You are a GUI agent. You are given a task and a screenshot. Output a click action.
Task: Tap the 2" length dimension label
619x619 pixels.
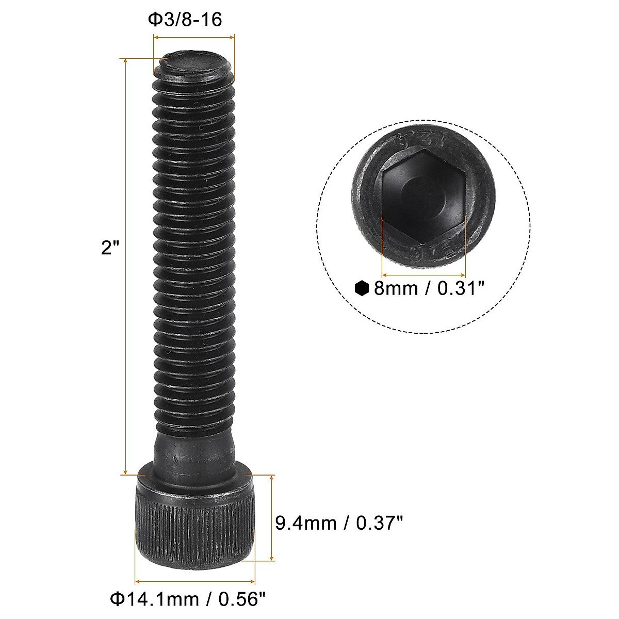[x=110, y=248]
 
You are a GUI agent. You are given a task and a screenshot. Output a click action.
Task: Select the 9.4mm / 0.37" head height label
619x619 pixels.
[x=338, y=524]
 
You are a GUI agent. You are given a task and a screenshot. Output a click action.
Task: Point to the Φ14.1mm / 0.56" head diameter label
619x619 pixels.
[x=189, y=599]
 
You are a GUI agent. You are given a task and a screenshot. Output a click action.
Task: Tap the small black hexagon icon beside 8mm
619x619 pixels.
[x=362, y=288]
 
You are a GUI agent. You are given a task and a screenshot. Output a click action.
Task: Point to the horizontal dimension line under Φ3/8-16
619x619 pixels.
[x=194, y=37]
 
